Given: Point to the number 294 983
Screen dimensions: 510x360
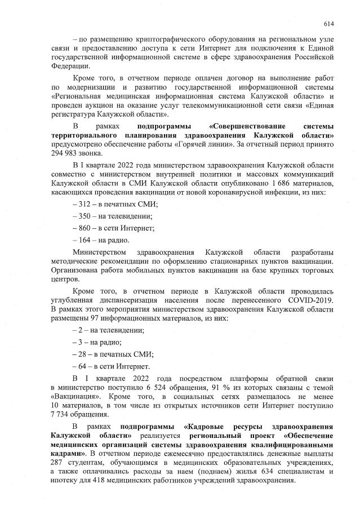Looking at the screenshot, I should [66, 153].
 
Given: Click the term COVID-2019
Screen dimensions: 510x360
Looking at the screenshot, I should [311, 300].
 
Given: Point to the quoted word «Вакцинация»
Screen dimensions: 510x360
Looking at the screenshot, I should [73, 397].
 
